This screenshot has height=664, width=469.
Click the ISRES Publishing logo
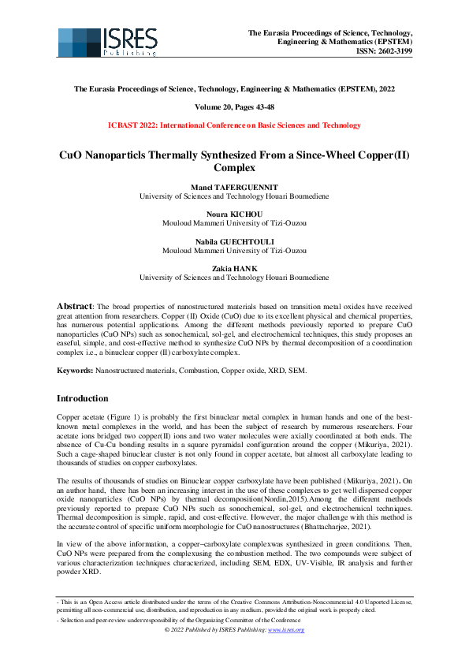(x=107, y=42)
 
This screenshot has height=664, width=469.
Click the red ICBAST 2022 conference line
(x=234, y=125)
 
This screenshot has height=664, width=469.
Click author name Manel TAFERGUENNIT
(x=234, y=186)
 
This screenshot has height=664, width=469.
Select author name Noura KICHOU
(x=234, y=214)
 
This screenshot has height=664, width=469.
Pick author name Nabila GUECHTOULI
(x=234, y=242)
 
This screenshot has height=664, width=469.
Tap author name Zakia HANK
(x=234, y=269)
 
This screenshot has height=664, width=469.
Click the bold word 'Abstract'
(x=75, y=304)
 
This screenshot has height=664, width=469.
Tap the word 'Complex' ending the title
(x=234, y=167)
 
